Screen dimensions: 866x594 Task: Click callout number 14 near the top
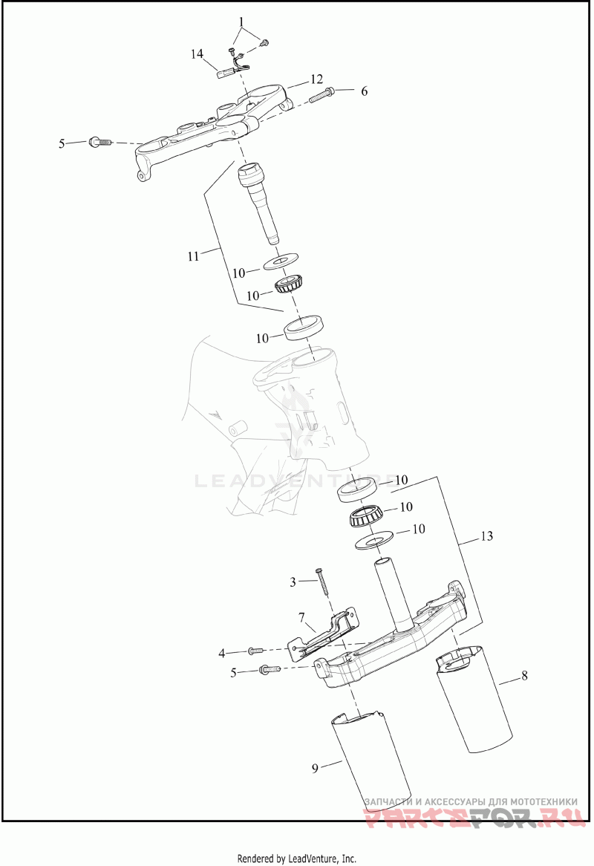click(x=197, y=53)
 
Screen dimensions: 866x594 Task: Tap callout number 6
click(x=364, y=91)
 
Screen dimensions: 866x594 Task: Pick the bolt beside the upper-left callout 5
click(x=99, y=141)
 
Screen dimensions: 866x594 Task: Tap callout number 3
click(x=293, y=581)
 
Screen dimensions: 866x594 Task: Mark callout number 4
click(x=221, y=653)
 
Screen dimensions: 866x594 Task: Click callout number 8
click(x=524, y=676)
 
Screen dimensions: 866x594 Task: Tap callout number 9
click(x=315, y=768)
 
